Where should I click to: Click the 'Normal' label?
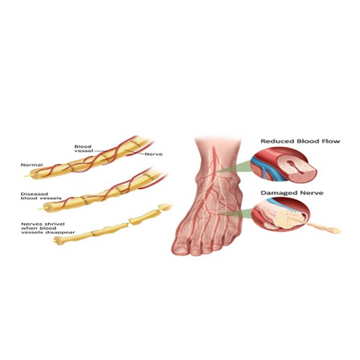tap(32, 165)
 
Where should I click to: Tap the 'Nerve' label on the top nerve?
tap(153, 154)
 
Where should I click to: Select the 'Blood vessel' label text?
tap(83, 148)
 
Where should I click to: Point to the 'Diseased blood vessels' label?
tap(41, 196)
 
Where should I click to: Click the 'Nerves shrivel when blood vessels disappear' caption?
tap(48, 228)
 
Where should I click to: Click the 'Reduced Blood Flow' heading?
tap(300, 141)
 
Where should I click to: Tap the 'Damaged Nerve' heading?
tap(292, 193)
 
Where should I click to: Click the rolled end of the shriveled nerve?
tap(57, 239)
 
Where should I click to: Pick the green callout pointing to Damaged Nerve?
tap(236, 213)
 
